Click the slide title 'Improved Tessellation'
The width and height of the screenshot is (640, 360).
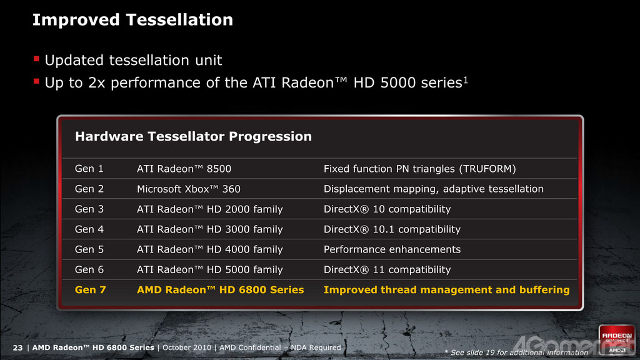(132, 20)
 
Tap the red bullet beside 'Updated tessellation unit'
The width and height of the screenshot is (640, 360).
(36, 59)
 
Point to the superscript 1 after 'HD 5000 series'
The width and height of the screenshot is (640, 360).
(466, 79)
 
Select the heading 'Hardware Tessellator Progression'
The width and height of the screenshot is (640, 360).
(193, 136)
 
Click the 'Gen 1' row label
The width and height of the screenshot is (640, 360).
(89, 169)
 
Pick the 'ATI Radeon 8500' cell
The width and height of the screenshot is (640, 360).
(184, 169)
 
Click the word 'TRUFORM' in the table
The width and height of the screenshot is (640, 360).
(487, 169)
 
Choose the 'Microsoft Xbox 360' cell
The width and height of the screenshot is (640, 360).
(189, 189)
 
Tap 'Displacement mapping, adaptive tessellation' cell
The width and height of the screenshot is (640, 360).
(434, 189)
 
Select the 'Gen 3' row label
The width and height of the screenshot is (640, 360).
(89, 209)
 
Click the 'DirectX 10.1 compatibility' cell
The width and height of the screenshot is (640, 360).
(392, 229)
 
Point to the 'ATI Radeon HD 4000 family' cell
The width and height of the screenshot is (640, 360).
(210, 249)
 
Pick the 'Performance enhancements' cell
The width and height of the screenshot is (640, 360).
(392, 249)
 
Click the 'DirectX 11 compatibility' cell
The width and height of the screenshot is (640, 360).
(387, 270)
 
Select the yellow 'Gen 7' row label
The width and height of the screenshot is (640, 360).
(90, 290)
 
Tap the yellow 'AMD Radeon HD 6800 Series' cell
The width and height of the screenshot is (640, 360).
(221, 290)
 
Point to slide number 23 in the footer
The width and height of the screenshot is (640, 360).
(17, 347)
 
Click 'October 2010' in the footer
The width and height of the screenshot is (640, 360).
(187, 347)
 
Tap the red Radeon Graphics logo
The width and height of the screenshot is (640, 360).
(617, 339)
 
